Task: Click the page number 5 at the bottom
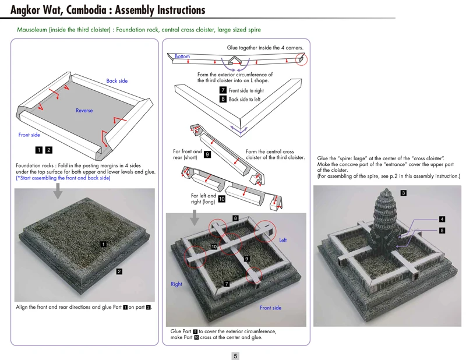235,355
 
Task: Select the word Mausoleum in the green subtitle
32,29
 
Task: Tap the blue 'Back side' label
116,81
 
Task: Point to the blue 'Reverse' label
84,110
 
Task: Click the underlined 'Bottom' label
182,57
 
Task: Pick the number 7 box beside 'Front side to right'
223,90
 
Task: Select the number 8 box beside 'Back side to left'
223,99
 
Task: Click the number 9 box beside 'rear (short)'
207,154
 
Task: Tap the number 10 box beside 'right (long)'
221,199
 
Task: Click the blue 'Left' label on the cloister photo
283,240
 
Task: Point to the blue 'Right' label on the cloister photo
176,284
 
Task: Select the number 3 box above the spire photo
404,192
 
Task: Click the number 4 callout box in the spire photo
442,219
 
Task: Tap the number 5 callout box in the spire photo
442,230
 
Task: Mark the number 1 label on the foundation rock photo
103,244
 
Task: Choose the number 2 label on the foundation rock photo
119,271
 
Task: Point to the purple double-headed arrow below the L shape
235,127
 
